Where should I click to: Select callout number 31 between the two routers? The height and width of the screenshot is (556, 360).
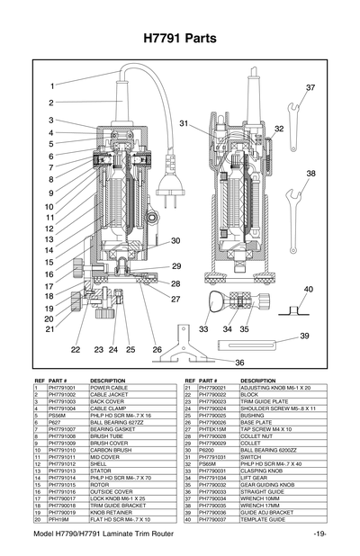pyautogui.click(x=184, y=122)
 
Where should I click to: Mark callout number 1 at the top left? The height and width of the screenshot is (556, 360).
pyautogui.click(x=52, y=85)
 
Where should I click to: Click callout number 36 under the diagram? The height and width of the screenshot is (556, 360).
pyautogui.click(x=239, y=362)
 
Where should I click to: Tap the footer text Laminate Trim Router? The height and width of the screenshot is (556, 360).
pyautogui.click(x=139, y=536)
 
